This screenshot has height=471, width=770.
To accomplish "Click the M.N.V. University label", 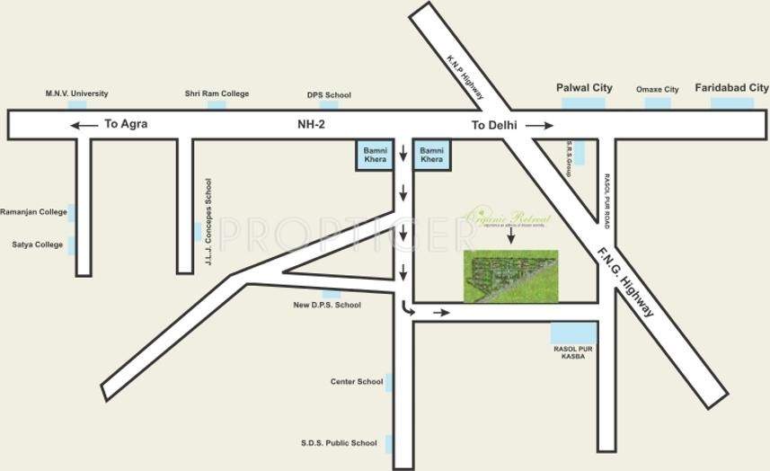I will coord(77,93).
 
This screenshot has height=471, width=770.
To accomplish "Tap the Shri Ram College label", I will coord(217,93).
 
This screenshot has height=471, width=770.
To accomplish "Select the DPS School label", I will coord(329,94).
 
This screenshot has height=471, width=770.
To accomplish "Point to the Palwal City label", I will coord(584,88).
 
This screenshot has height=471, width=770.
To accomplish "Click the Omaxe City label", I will coord(657,90).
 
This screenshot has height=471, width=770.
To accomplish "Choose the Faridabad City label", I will coord(732,88).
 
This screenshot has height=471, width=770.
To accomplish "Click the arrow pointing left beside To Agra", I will coord(84,125).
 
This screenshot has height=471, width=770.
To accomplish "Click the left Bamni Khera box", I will coord(375,154).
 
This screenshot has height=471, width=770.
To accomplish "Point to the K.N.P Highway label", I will coord(466,77).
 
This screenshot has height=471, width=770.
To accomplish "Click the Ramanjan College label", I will coord(33,212).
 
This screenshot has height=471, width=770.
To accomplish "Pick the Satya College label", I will coord(37,244).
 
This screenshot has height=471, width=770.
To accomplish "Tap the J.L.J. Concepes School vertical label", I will coord(208,224).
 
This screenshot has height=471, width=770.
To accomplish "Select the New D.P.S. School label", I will coord(327,306).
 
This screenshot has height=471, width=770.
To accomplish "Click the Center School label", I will coord(357,382).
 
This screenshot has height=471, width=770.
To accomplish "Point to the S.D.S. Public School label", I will coord(339,443).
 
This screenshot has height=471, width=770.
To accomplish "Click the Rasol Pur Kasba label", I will coord(571,351).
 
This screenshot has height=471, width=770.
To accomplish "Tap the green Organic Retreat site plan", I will coord(510,275).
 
